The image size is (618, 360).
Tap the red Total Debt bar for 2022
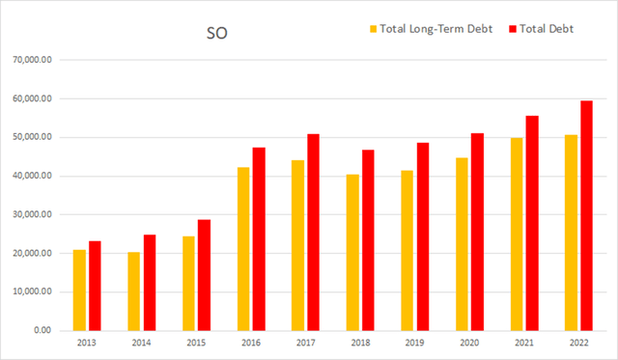click(x=586, y=215)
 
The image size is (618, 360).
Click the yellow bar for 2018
click(x=353, y=252)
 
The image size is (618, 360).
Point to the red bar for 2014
click(x=150, y=282)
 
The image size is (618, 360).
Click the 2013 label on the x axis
click(x=86, y=343)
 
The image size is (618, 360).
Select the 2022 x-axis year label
click(x=578, y=343)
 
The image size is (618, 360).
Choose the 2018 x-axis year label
click(x=359, y=343)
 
